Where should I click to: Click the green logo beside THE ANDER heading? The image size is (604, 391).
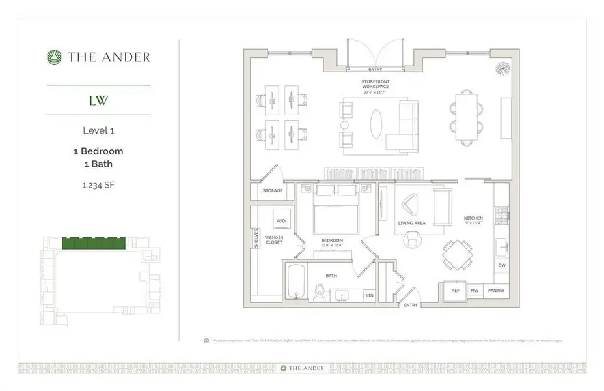point(53,57)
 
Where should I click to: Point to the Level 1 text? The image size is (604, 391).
point(98,130)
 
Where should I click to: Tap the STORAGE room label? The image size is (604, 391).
point(273,191)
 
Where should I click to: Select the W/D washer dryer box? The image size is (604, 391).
point(281,220)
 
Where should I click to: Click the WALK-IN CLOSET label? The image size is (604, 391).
point(274,240)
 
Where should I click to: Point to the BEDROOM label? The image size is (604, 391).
point(332,240)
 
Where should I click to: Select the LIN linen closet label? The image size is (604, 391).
point(369,295)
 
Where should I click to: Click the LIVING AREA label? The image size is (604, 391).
point(411,223)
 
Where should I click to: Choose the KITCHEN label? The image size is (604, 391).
point(473,218)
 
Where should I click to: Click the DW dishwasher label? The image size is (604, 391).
point(501,265)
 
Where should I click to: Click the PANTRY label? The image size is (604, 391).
point(496,289)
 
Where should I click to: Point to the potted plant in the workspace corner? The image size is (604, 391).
point(502,68)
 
